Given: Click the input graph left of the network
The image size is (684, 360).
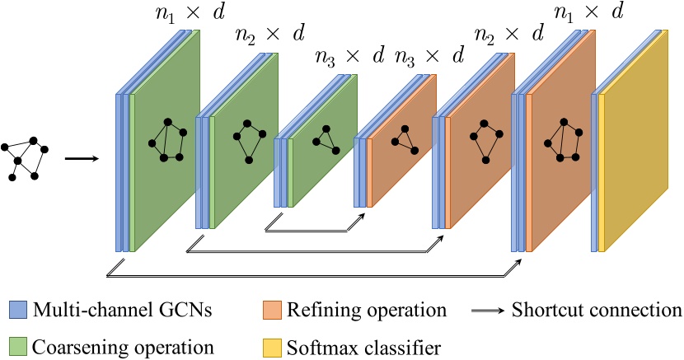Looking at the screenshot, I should pos(24,157).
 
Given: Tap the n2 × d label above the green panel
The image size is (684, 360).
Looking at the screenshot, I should pos(269,34).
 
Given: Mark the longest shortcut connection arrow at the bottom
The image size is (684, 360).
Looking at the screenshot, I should pos(313,274).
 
